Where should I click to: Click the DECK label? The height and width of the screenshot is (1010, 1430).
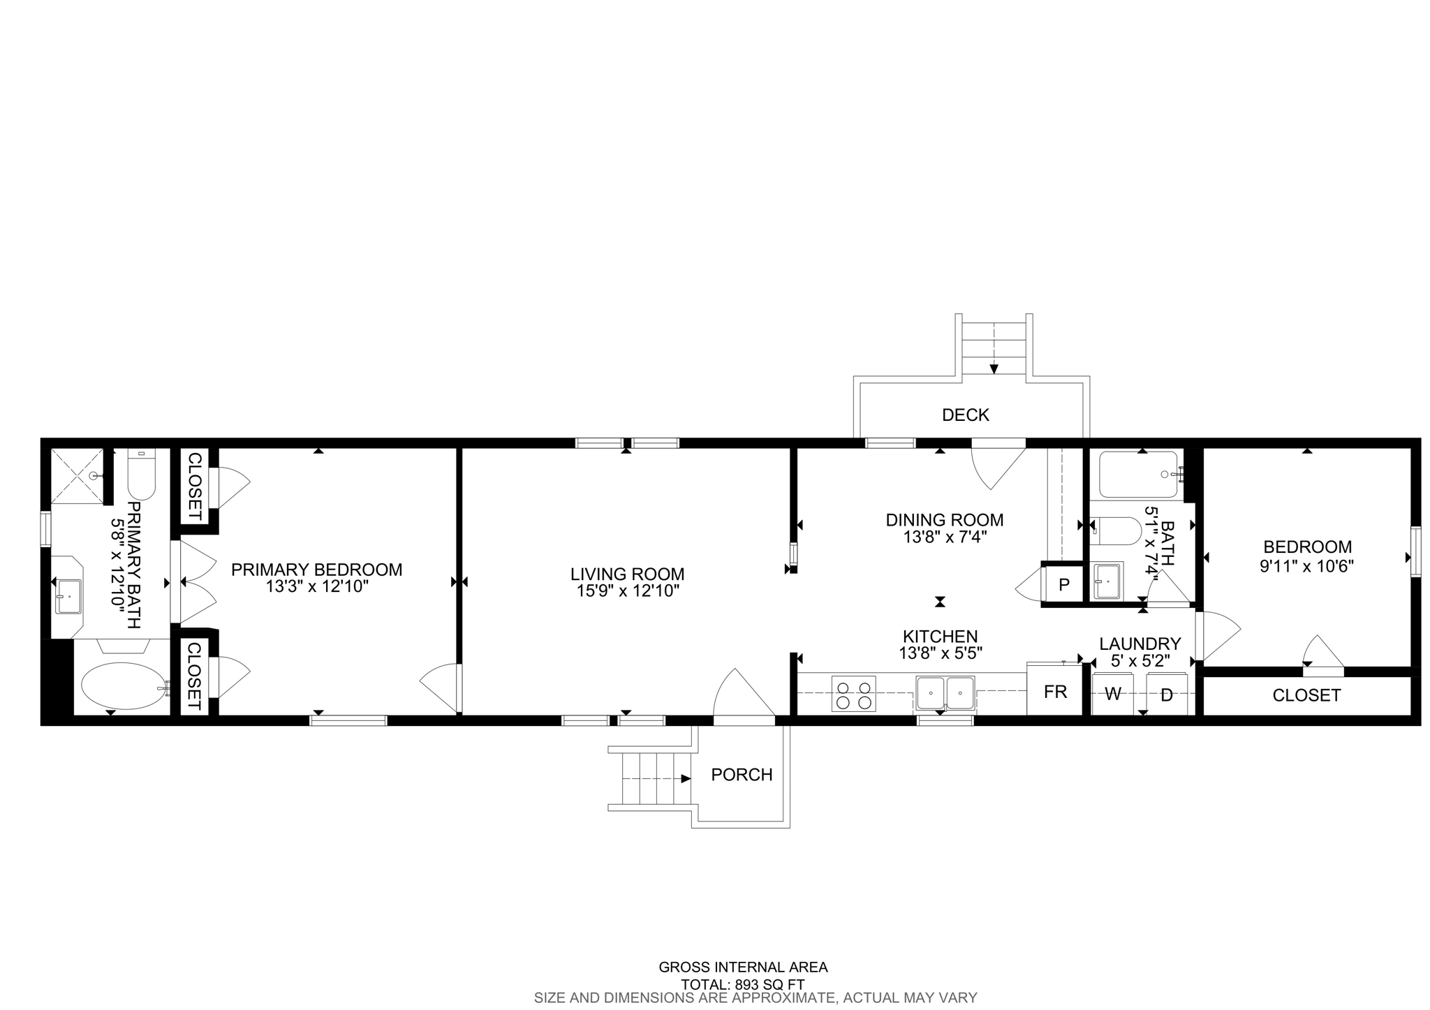click(965, 415)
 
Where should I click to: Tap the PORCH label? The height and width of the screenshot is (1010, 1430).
click(742, 775)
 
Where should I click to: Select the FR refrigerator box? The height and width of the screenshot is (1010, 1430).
click(1054, 691)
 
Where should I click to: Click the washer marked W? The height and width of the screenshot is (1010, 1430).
click(1113, 694)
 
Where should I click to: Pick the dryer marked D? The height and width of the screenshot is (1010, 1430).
click(1167, 695)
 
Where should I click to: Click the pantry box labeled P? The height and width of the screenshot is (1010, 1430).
click(1063, 584)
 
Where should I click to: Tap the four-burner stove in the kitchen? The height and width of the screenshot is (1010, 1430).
click(853, 694)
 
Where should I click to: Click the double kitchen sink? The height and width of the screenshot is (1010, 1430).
click(945, 692)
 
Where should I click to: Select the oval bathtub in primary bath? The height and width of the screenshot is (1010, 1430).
click(123, 685)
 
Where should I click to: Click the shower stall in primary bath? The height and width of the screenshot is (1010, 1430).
click(78, 475)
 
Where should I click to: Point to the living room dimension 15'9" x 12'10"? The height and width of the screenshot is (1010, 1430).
click(626, 591)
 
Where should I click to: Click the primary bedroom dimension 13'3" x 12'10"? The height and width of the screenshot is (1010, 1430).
click(316, 587)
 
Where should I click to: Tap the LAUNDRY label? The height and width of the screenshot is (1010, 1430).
click(1140, 644)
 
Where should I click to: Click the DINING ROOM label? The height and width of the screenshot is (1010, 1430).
click(944, 520)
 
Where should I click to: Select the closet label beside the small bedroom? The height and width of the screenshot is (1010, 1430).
click(1306, 695)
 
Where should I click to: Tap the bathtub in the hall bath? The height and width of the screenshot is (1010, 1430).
click(1137, 475)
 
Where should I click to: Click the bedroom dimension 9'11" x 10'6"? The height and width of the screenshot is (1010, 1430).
click(1306, 566)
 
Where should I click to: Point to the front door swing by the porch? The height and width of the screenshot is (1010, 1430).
click(742, 695)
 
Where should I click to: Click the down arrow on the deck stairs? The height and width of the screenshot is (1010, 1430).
click(994, 369)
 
